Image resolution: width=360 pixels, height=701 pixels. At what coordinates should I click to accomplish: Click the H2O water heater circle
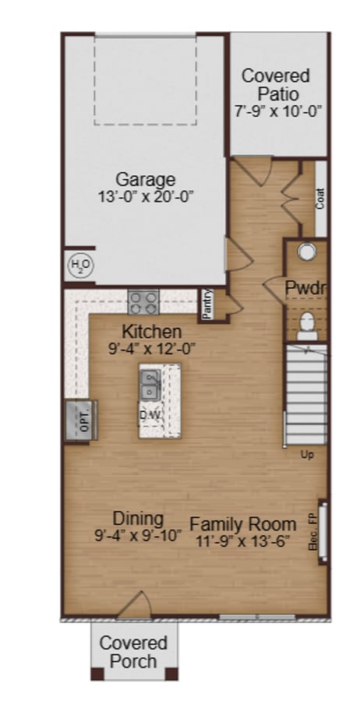pos(80,266)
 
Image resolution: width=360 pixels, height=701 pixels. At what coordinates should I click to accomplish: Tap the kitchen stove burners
pos(143,301)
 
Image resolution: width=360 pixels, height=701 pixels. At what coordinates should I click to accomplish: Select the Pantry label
pos(207,305)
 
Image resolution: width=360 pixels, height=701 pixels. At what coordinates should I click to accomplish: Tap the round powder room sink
pos(307,252)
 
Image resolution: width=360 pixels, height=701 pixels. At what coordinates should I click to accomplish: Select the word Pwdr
pos(305,288)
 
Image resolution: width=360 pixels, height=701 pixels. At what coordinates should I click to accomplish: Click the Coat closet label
pos(320,198)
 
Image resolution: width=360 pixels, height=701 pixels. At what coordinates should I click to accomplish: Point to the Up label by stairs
pos(308,455)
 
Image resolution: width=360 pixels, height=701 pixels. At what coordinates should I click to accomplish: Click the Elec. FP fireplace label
pos(313,538)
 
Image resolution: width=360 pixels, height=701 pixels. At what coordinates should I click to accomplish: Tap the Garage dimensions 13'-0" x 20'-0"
pos(146,196)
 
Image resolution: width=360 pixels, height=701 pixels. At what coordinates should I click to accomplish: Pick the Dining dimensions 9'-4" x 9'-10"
pos(138,536)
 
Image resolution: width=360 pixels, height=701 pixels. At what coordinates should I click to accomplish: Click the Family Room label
pos(243,524)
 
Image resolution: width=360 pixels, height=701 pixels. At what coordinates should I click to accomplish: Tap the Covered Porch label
pos(133,652)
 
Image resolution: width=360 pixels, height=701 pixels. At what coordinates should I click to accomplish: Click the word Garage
pos(146,179)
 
